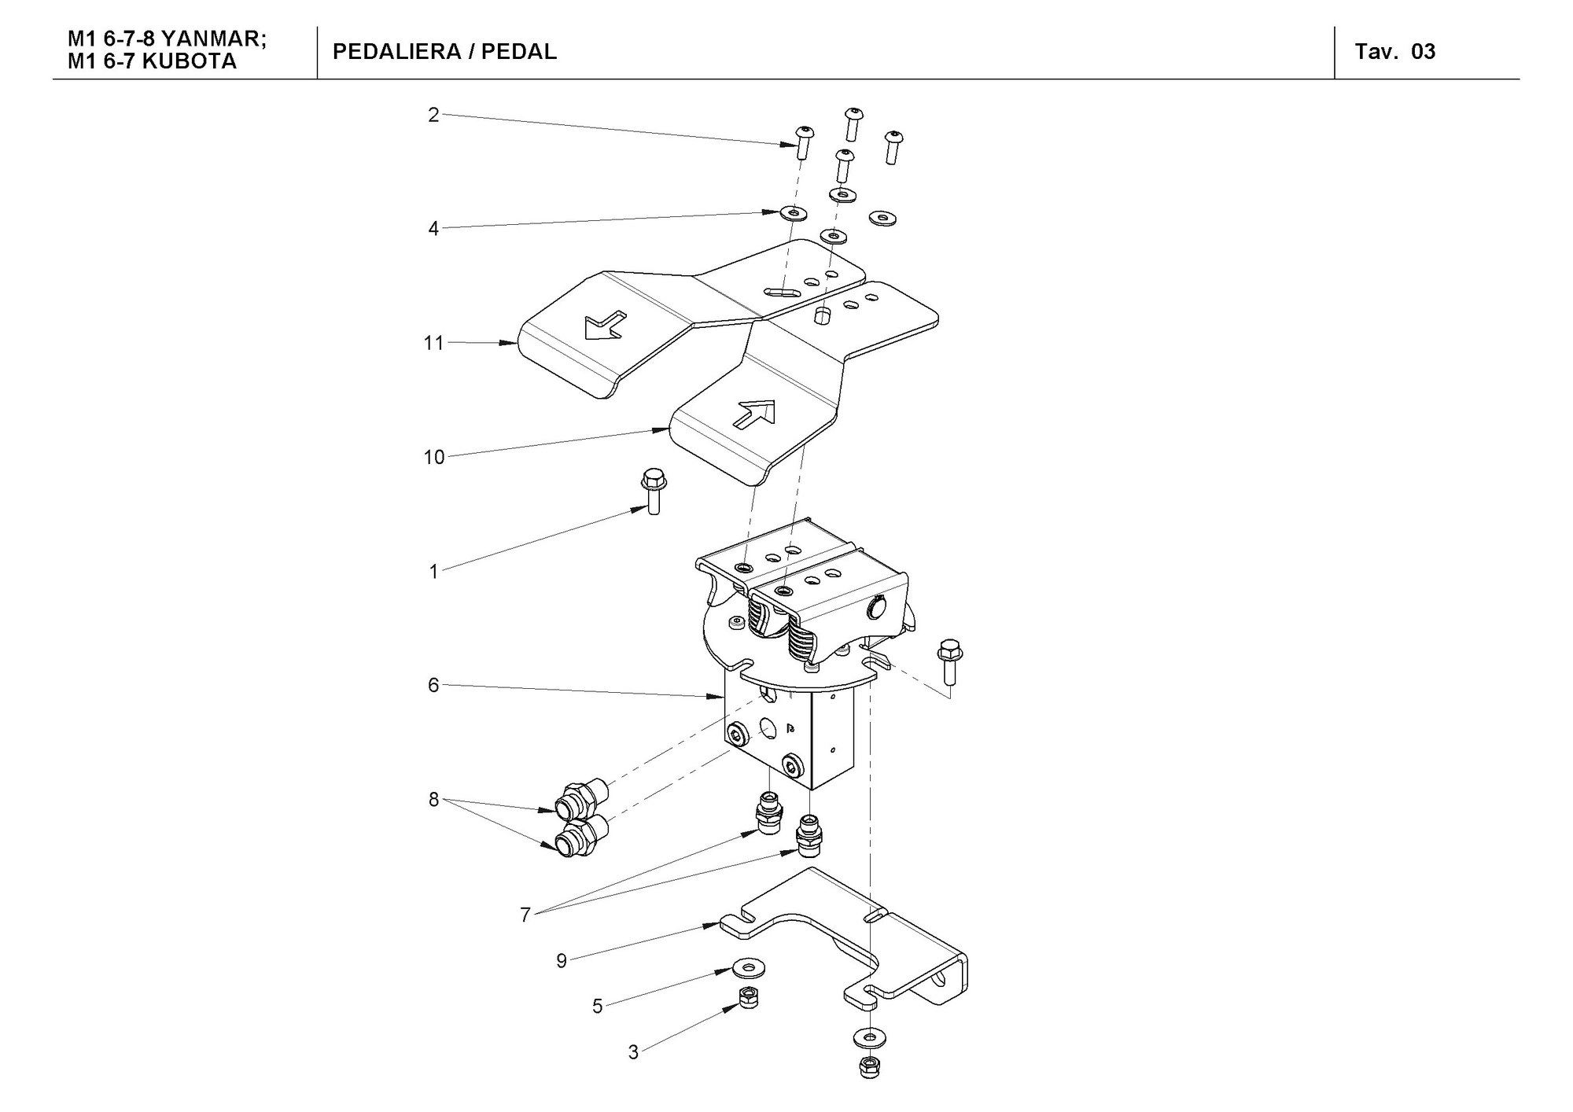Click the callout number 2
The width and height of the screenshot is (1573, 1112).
pyautogui.click(x=433, y=116)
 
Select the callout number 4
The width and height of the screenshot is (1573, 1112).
pyautogui.click(x=433, y=229)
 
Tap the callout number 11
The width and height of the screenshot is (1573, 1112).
pyautogui.click(x=434, y=343)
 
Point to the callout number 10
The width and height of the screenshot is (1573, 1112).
pyautogui.click(x=434, y=457)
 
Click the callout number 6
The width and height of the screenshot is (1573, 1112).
pyautogui.click(x=433, y=686)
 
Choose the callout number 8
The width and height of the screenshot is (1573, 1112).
pyautogui.click(x=433, y=800)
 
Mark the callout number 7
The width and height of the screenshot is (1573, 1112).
pyautogui.click(x=525, y=915)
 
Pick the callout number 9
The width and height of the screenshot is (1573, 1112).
pyautogui.click(x=562, y=961)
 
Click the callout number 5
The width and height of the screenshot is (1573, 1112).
pyautogui.click(x=598, y=1007)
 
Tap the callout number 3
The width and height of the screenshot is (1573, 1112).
pyautogui.click(x=634, y=1052)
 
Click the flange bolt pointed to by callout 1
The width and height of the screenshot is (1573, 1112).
pyautogui.click(x=651, y=491)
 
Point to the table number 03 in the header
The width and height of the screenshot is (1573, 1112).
pyautogui.click(x=1424, y=52)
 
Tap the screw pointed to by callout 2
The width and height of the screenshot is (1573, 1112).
pyautogui.click(x=804, y=142)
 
